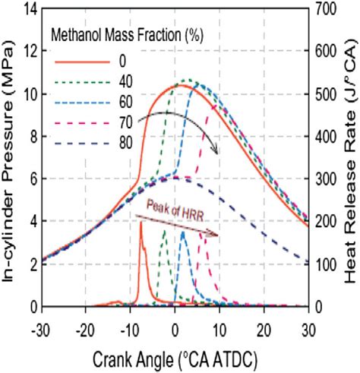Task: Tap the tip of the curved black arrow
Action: [x=218, y=153]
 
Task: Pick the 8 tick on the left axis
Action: [x=31, y=137]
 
